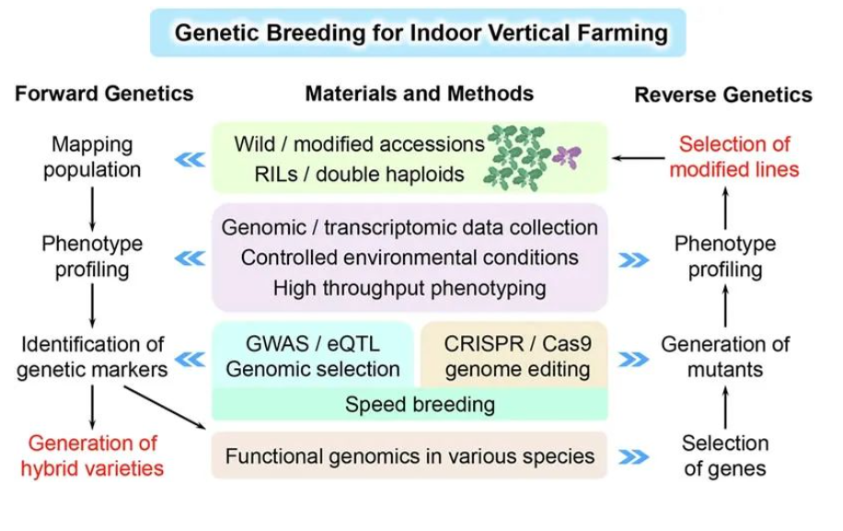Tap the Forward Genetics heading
click(x=104, y=93)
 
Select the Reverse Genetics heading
click(x=722, y=95)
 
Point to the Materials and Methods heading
click(x=419, y=93)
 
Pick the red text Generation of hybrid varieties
click(x=92, y=456)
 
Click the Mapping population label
click(x=92, y=156)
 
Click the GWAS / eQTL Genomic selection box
click(x=313, y=357)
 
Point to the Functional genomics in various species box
click(x=410, y=456)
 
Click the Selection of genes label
click(x=724, y=456)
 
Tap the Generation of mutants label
click(x=725, y=357)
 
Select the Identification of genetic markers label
click(x=92, y=357)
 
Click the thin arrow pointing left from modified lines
click(x=634, y=157)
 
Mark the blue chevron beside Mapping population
click(x=190, y=158)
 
